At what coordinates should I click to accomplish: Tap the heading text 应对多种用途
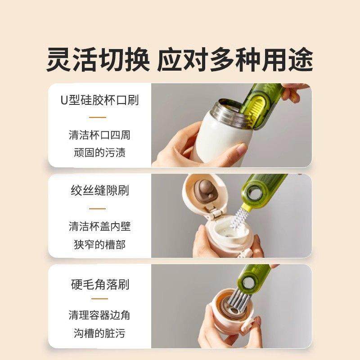[235, 59]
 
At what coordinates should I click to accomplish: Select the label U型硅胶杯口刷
[99, 100]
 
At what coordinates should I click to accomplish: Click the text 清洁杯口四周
[99, 135]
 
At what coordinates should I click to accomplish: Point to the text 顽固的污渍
[99, 153]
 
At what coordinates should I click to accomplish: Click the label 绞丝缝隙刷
[99, 191]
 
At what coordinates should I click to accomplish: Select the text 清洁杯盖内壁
[99, 226]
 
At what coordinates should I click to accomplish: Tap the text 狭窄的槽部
[99, 244]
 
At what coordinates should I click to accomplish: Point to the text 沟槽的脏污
[99, 333]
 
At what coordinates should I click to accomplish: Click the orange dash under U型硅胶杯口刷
[98, 117]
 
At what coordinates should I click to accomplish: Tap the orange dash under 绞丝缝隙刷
[98, 209]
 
